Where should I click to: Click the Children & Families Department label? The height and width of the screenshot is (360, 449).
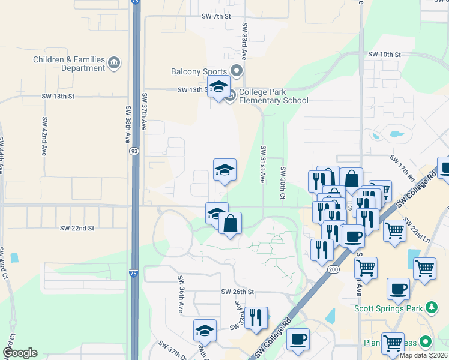pyautogui.click(x=69, y=64)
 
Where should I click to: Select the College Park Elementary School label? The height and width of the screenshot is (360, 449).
pyautogui.click(x=273, y=96)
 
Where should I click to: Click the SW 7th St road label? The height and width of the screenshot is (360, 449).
pyautogui.click(x=216, y=16)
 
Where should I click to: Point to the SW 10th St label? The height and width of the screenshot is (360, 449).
pyautogui.click(x=384, y=55)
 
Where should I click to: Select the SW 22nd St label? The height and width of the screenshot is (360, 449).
pyautogui.click(x=77, y=228)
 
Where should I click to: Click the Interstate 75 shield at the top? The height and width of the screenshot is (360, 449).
pyautogui.click(x=136, y=2)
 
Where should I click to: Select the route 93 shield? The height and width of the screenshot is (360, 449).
pyautogui.click(x=132, y=152)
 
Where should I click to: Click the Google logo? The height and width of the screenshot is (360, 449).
pyautogui.click(x=20, y=353)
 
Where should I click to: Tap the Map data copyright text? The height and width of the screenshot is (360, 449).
pyautogui.click(x=423, y=355)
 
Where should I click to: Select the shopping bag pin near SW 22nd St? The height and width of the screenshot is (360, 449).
pyautogui.click(x=230, y=224)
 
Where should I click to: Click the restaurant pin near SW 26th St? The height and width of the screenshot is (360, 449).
pyautogui.click(x=256, y=317)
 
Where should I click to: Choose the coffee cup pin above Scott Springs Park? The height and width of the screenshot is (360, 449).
pyautogui.click(x=398, y=290)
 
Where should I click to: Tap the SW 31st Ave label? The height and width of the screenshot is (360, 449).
pyautogui.click(x=262, y=163)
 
